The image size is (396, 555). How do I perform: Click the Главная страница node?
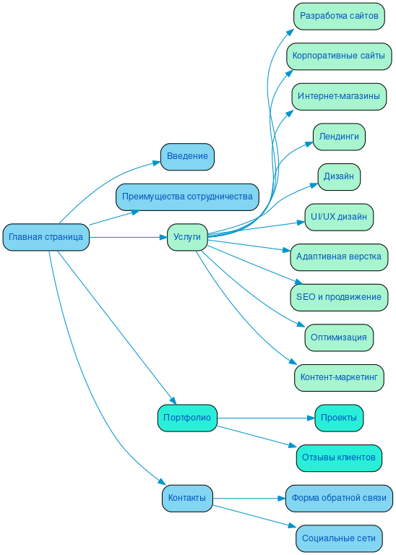(46, 237)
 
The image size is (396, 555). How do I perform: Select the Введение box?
(187, 156)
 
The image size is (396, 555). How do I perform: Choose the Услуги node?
(188, 237)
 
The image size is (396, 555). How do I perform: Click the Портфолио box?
(187, 418)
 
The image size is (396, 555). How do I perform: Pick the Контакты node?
(187, 498)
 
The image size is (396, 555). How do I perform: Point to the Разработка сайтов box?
(339, 16)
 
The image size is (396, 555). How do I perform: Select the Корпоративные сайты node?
(338, 56)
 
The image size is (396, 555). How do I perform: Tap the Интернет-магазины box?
(338, 96)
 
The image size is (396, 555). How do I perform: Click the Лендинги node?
(339, 137)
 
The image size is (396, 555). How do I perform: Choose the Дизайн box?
(339, 176)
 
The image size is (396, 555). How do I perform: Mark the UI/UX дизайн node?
(339, 217)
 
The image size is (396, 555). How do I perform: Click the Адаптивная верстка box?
(339, 257)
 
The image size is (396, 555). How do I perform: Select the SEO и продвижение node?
(339, 297)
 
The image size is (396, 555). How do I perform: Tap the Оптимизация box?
(339, 337)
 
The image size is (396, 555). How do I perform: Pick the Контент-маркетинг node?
(339, 377)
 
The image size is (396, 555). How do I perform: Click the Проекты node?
(339, 418)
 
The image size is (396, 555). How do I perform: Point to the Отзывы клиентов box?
(339, 457)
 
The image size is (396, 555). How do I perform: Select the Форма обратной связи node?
(339, 498)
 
